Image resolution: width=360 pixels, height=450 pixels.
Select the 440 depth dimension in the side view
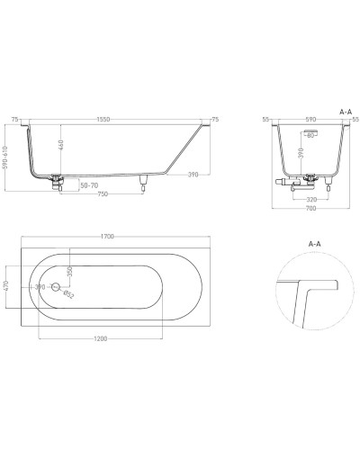[60, 144]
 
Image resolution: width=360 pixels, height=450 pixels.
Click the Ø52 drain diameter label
[70, 293]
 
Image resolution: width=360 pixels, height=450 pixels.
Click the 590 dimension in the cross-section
[310, 119]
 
